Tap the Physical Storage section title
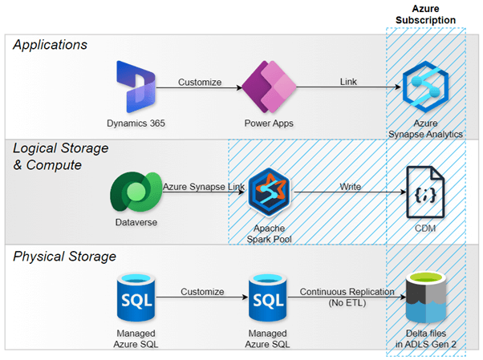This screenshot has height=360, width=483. tap(65, 257)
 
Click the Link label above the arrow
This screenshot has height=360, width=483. tap(348, 81)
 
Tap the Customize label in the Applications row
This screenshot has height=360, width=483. tap(200, 81)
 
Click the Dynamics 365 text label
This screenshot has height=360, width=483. tap(134, 123)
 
